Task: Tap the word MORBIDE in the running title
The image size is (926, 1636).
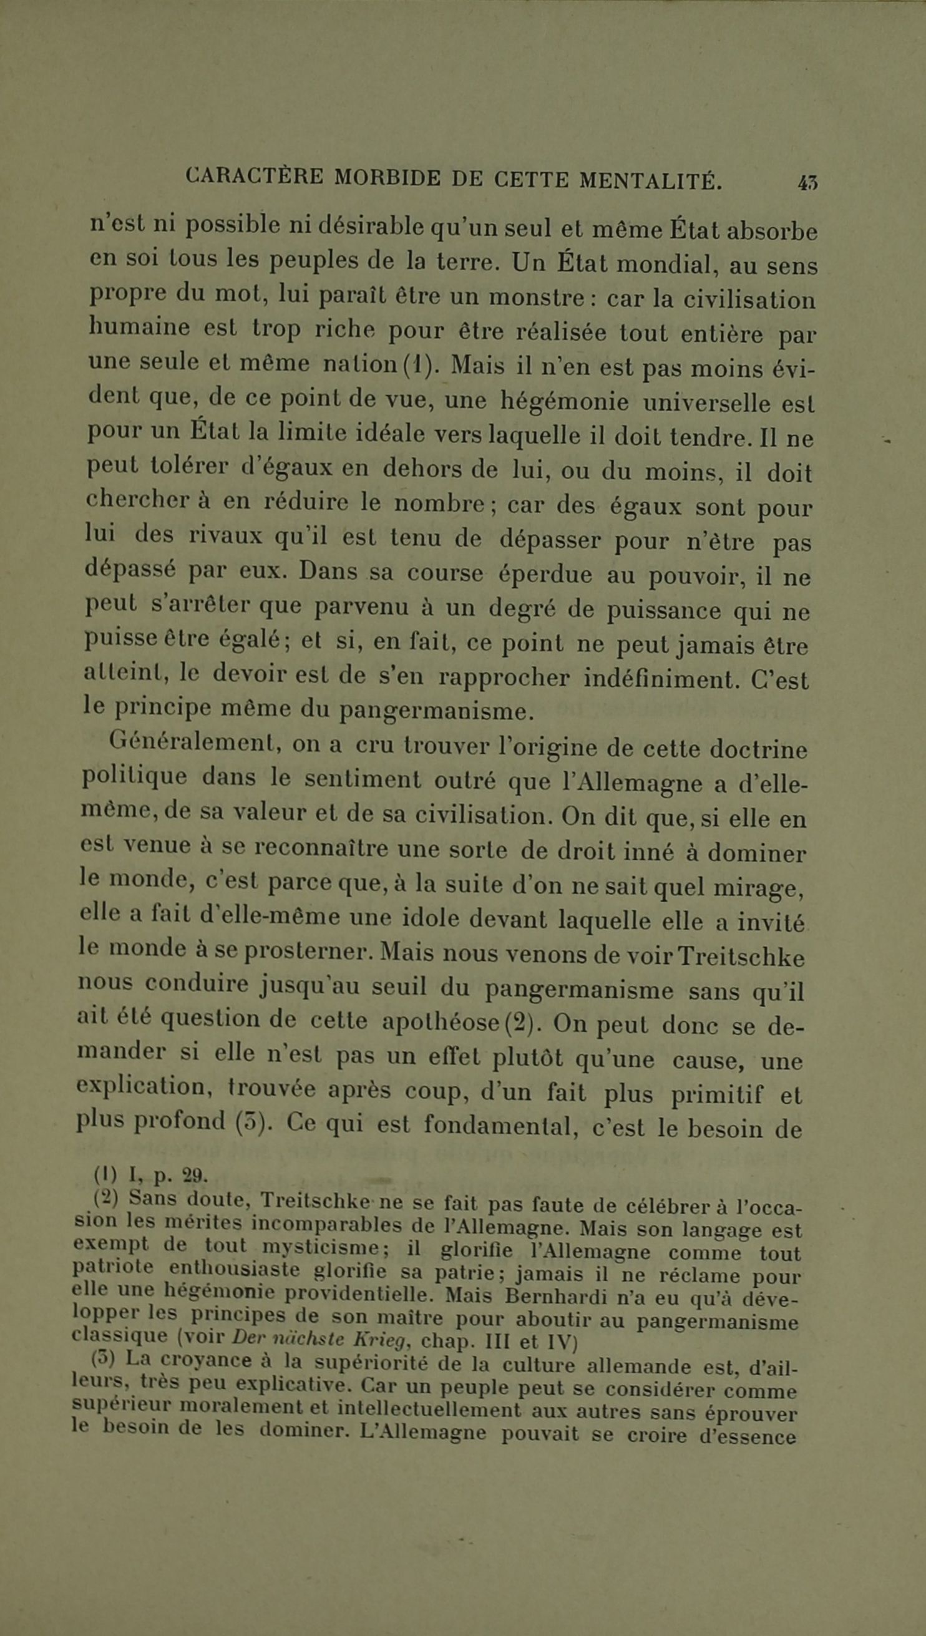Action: [x=387, y=177]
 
